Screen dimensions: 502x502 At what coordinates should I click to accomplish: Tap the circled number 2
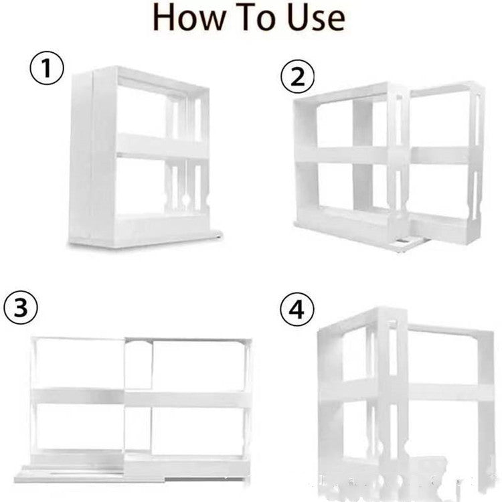297,78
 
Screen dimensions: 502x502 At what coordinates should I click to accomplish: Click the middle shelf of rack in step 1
161,146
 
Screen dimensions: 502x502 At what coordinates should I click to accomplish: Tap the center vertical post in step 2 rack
362,161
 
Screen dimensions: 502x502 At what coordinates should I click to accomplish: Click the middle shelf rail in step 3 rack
141,398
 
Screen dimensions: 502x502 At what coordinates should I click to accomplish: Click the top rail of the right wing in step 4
448,333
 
